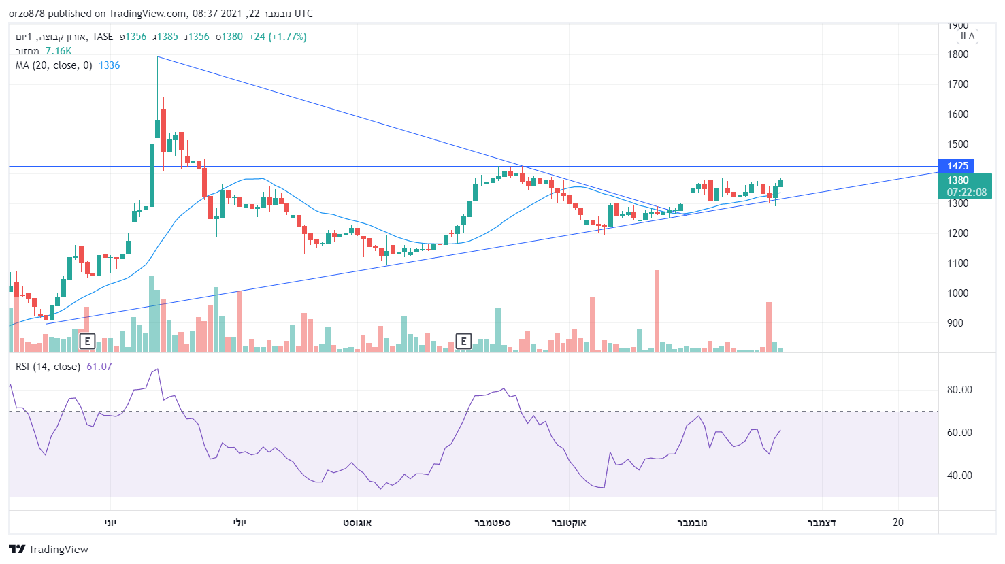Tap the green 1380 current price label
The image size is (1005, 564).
pos(957,180)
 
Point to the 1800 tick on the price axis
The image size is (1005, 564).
pos(957,54)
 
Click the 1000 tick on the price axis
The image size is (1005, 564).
pos(957,293)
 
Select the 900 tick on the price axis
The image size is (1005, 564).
pos(955,323)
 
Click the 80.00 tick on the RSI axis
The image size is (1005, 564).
pos(959,390)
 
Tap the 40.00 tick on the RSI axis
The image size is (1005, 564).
pos(959,476)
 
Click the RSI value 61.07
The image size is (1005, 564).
pos(99,367)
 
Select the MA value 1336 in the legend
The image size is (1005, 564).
pos(109,65)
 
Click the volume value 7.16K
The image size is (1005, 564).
pos(59,51)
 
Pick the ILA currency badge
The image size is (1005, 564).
pos(967,36)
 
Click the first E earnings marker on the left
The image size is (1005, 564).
pos(87,341)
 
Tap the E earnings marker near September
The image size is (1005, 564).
pos(463,341)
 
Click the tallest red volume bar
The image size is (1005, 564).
pos(657,310)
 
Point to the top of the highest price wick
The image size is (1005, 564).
pos(157,57)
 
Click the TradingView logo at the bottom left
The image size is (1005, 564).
pos(49,549)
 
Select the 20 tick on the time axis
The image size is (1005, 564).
pos(898,522)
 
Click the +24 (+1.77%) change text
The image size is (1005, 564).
pos(278,37)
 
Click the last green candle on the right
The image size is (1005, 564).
pos(780,183)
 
